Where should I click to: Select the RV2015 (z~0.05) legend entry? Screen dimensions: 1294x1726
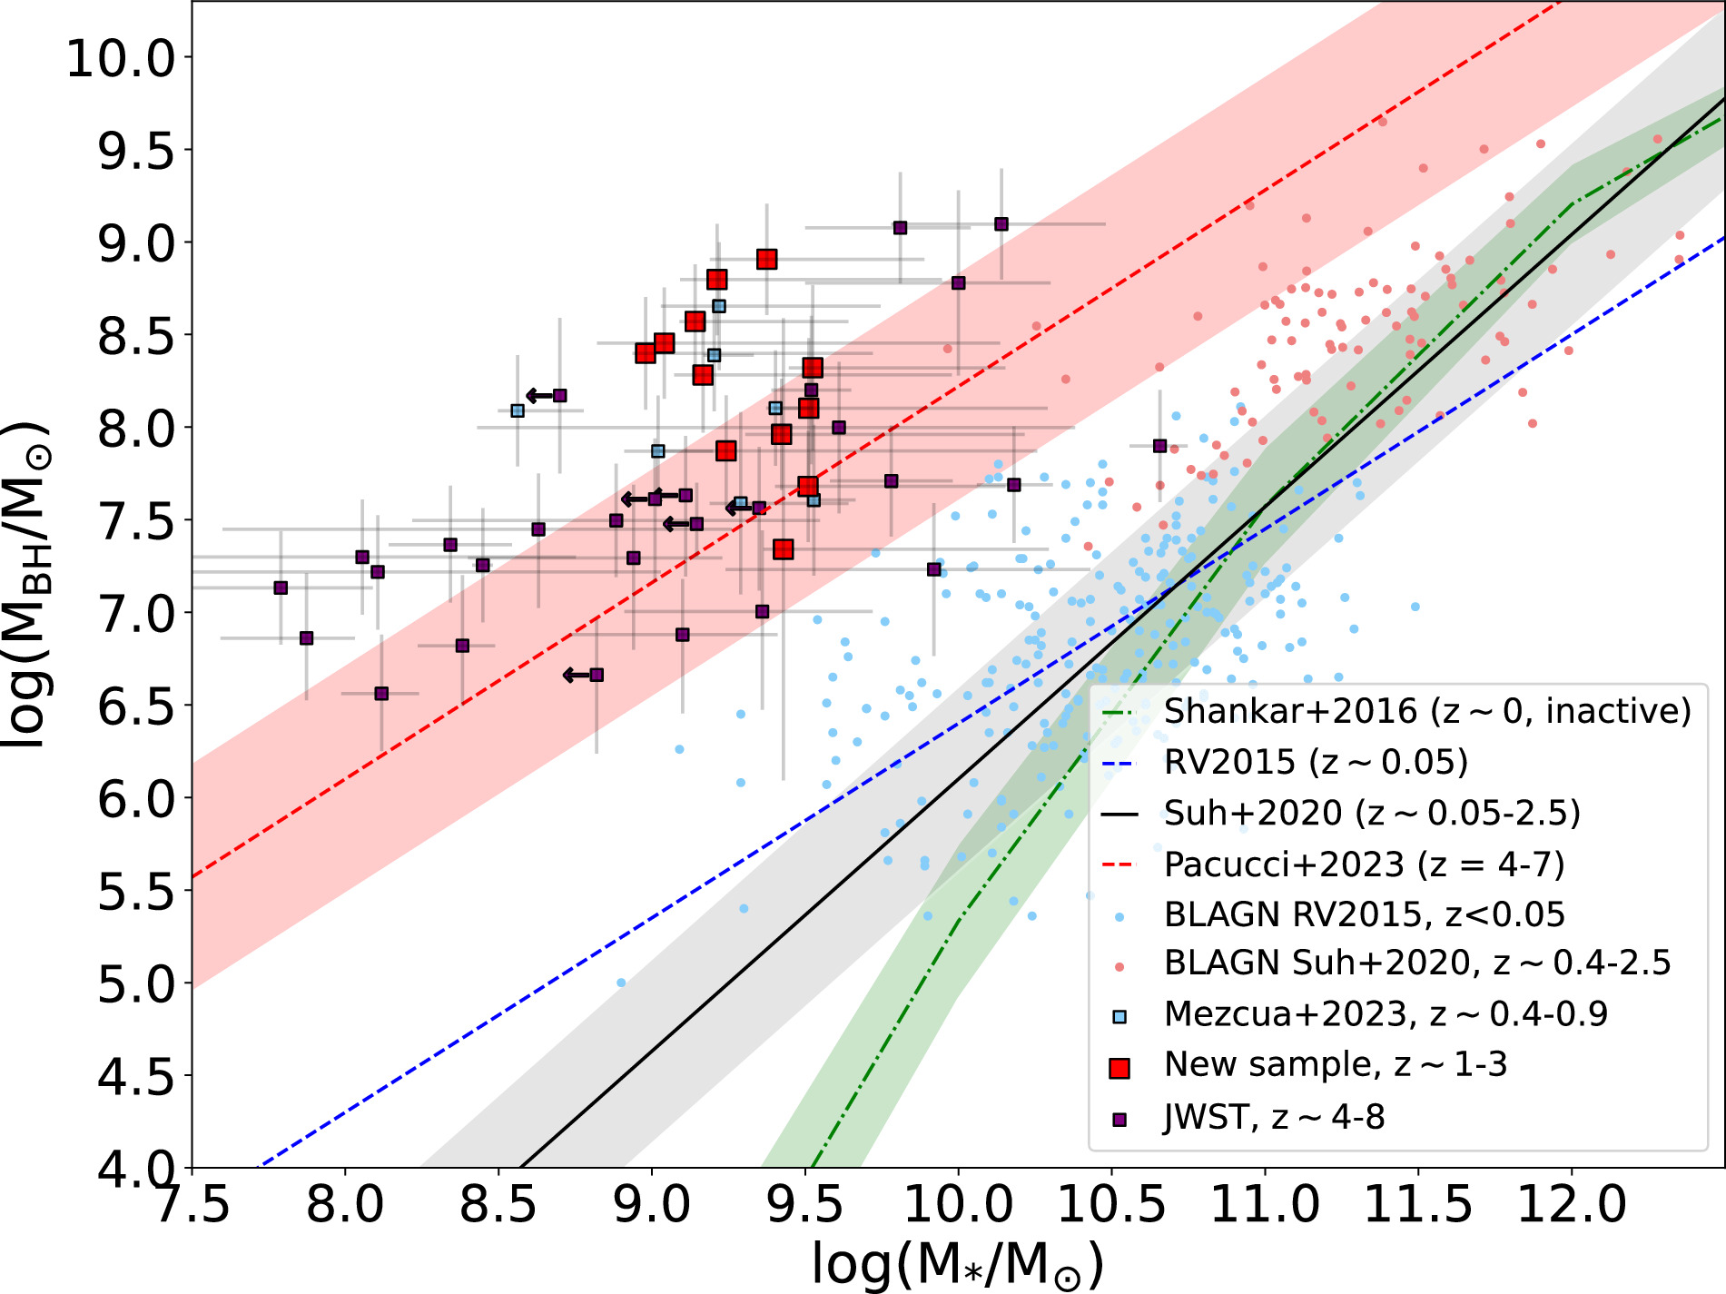(1316, 762)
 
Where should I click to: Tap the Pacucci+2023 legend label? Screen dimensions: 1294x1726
(1364, 864)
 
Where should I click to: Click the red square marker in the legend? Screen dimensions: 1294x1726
(1119, 1068)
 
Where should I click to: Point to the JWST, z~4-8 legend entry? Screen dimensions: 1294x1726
(1274, 1117)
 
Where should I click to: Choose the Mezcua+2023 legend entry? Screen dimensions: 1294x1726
(1386, 1013)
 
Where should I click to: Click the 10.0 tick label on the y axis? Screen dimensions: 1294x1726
(120, 58)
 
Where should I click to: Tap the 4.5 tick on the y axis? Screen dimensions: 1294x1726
(136, 1077)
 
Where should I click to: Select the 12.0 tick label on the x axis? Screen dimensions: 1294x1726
(1572, 1205)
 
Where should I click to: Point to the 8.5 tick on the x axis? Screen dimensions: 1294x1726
(498, 1205)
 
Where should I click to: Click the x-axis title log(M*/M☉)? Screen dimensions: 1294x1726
(958, 1264)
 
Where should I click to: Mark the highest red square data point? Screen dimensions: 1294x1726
(766, 260)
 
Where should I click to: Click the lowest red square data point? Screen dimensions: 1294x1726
(784, 549)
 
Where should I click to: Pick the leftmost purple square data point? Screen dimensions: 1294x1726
(281, 588)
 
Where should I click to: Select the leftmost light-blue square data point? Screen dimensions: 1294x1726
(518, 410)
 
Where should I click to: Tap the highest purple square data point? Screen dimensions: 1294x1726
(1001, 224)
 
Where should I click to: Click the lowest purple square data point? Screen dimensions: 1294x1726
(381, 694)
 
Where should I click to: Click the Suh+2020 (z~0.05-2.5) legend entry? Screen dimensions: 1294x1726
(1372, 813)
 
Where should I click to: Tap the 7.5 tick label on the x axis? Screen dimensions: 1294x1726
(192, 1205)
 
